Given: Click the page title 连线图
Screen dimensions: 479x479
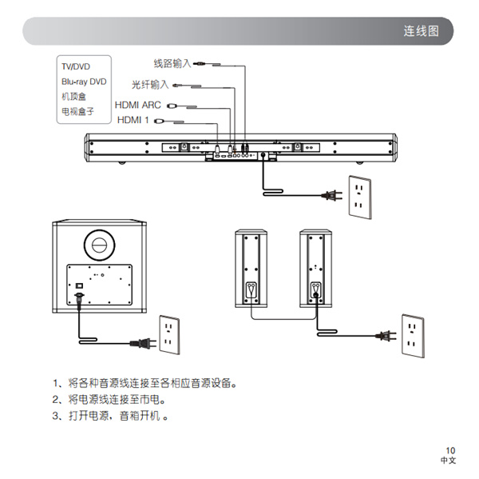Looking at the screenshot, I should [x=421, y=32].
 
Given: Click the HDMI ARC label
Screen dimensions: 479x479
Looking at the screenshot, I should [x=137, y=105].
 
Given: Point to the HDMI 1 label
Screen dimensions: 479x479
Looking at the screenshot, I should [x=133, y=121].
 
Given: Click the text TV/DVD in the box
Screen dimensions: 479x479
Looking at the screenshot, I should [x=77, y=66].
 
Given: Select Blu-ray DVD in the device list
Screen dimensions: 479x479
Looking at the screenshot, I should [x=84, y=82].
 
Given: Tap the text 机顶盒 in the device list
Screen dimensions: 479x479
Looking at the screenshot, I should [x=73, y=96].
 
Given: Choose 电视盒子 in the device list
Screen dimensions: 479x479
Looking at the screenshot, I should [x=77, y=111].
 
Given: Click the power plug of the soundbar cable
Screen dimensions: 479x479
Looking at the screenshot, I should [x=330, y=194].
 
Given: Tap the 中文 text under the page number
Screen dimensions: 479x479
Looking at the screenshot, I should [x=449, y=462].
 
